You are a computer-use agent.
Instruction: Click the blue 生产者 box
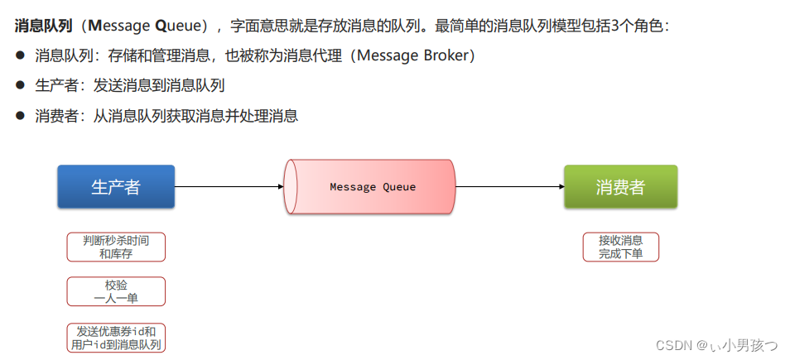point(116,186)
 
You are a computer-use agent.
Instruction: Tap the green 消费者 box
point(620,186)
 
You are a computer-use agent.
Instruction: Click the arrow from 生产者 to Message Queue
point(229,186)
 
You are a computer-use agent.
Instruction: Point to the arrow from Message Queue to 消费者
point(510,186)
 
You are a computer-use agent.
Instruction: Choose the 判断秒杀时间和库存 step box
point(116,247)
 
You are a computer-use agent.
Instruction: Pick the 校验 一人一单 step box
point(116,291)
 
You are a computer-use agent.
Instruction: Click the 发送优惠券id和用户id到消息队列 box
point(116,337)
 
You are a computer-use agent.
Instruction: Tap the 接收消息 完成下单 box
point(620,247)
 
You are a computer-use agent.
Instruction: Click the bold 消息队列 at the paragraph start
point(41,26)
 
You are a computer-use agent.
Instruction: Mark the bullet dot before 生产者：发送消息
point(21,85)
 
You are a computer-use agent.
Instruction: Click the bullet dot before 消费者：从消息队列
point(21,116)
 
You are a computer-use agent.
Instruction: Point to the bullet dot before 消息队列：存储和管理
point(21,55)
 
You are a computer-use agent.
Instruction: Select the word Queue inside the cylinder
point(399,187)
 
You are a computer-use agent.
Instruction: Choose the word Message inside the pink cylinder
point(353,187)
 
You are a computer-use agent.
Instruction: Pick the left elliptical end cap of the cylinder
point(291,187)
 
